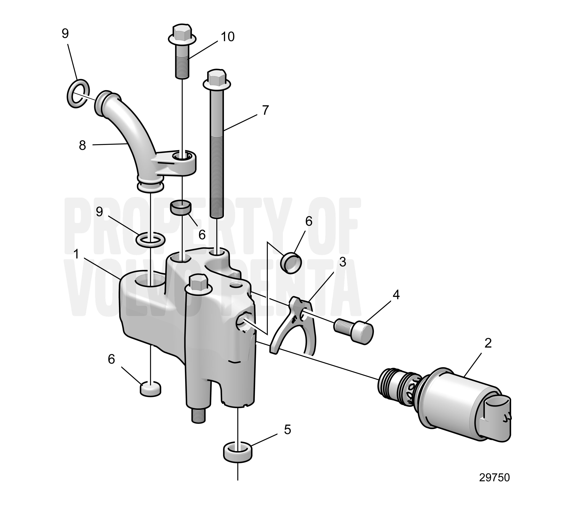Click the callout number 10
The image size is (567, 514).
coord(228,37)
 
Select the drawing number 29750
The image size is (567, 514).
coord(494,478)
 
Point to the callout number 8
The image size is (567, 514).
coord(82,146)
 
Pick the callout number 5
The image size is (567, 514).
coord(287,430)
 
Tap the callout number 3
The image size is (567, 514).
coord(342,262)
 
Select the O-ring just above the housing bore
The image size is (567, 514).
coord(151,240)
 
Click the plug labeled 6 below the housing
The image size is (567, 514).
coord(151,389)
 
